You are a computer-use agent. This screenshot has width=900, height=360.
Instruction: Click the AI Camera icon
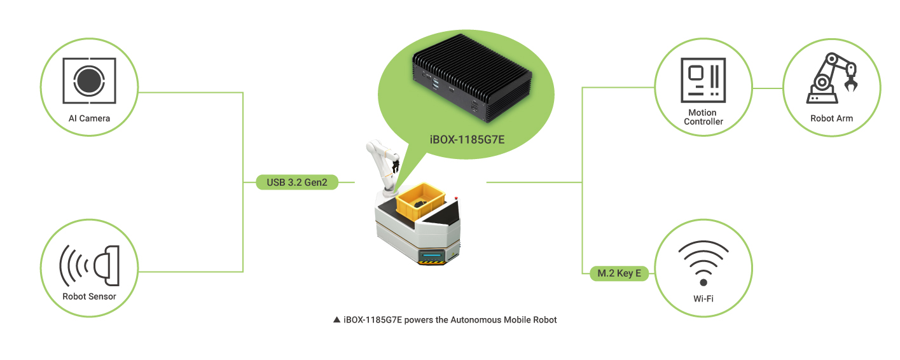pyautogui.click(x=89, y=80)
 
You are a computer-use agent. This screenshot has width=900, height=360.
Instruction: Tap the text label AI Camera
pyautogui.click(x=89, y=118)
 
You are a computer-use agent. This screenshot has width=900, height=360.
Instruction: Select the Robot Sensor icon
pyautogui.click(x=90, y=266)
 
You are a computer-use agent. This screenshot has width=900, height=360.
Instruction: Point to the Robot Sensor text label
pyautogui.click(x=89, y=296)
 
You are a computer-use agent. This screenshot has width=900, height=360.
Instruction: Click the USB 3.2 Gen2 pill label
pyautogui.click(x=297, y=183)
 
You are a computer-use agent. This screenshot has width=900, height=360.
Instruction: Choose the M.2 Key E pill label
pyautogui.click(x=619, y=273)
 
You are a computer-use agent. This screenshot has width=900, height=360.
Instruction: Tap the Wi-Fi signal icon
pyautogui.click(x=703, y=262)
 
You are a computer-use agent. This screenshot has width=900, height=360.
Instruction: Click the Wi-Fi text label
pyautogui.click(x=703, y=299)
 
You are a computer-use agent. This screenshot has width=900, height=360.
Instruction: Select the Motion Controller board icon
pyautogui.click(x=703, y=80)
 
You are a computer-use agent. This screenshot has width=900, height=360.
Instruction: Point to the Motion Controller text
pyautogui.click(x=703, y=117)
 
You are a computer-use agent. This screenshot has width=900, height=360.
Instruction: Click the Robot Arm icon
pyautogui.click(x=832, y=78)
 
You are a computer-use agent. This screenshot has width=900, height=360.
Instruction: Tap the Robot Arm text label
pyautogui.click(x=832, y=118)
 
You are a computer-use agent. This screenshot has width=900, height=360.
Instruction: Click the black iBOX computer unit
pyautogui.click(x=472, y=78)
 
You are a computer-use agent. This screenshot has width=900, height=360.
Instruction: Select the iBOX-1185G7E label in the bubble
pyautogui.click(x=467, y=140)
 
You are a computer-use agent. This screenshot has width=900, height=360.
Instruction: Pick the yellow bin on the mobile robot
pyautogui.click(x=420, y=202)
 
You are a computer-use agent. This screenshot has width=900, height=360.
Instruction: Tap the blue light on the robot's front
pyautogui.click(x=431, y=256)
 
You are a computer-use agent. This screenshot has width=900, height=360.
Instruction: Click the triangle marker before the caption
pyautogui.click(x=336, y=320)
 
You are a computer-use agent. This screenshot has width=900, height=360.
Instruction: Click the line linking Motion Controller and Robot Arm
pyautogui.click(x=768, y=88)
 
